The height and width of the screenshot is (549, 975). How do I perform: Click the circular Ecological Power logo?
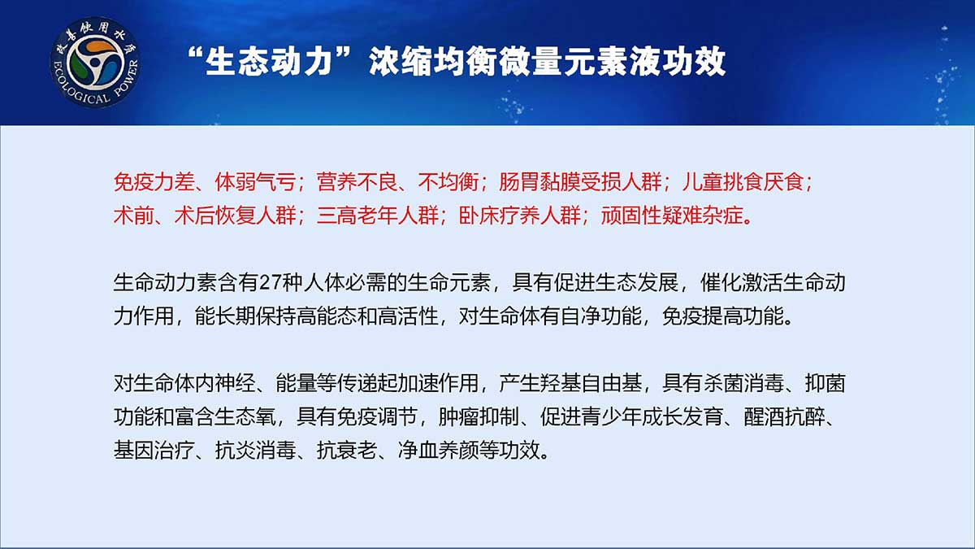tap(95, 63)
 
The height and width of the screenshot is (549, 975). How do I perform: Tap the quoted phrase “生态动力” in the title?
tap(270, 62)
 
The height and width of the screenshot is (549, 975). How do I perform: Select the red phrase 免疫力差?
tap(154, 181)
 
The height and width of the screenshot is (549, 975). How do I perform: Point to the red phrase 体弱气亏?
tap(255, 181)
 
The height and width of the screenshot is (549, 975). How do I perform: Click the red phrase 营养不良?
tap(357, 181)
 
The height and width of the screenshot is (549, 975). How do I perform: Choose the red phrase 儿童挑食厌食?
tap(743, 181)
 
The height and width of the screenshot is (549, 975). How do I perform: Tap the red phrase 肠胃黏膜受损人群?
tap(580, 181)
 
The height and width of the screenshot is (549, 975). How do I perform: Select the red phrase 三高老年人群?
tap(377, 216)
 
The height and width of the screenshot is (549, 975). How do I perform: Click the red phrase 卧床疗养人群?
tap(520, 216)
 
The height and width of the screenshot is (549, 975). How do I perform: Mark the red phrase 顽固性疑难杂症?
tap(672, 216)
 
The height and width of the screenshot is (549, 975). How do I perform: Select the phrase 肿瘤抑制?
tap(479, 417)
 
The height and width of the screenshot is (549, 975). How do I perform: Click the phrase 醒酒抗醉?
tap(784, 417)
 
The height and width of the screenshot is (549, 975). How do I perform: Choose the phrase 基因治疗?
tap(154, 450)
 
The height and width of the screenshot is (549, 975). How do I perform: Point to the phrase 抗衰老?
tap(347, 450)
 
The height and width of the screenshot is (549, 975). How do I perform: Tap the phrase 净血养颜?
tap(438, 450)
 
